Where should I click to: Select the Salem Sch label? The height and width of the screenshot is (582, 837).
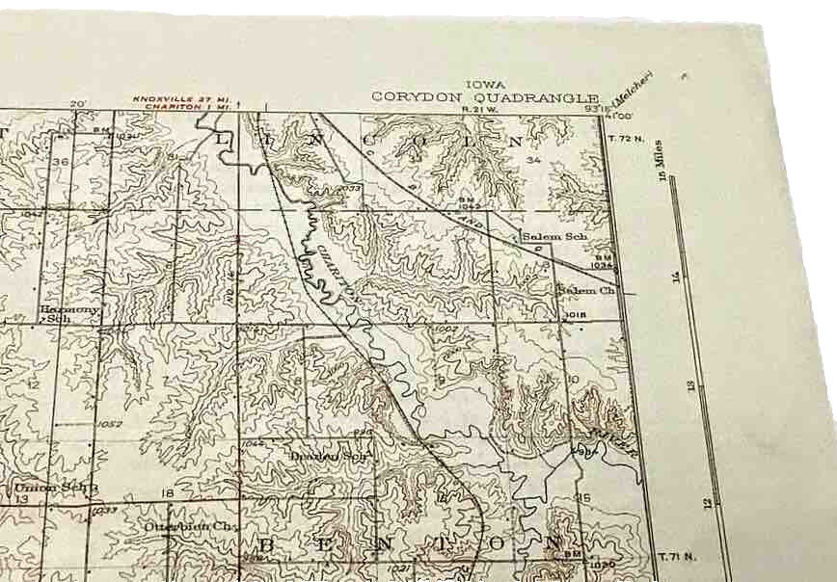(x=554, y=236)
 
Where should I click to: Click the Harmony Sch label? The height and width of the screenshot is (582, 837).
(x=68, y=313)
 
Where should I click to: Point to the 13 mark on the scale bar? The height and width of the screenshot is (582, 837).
(x=689, y=385)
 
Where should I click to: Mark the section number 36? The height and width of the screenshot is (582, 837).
(x=61, y=161)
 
